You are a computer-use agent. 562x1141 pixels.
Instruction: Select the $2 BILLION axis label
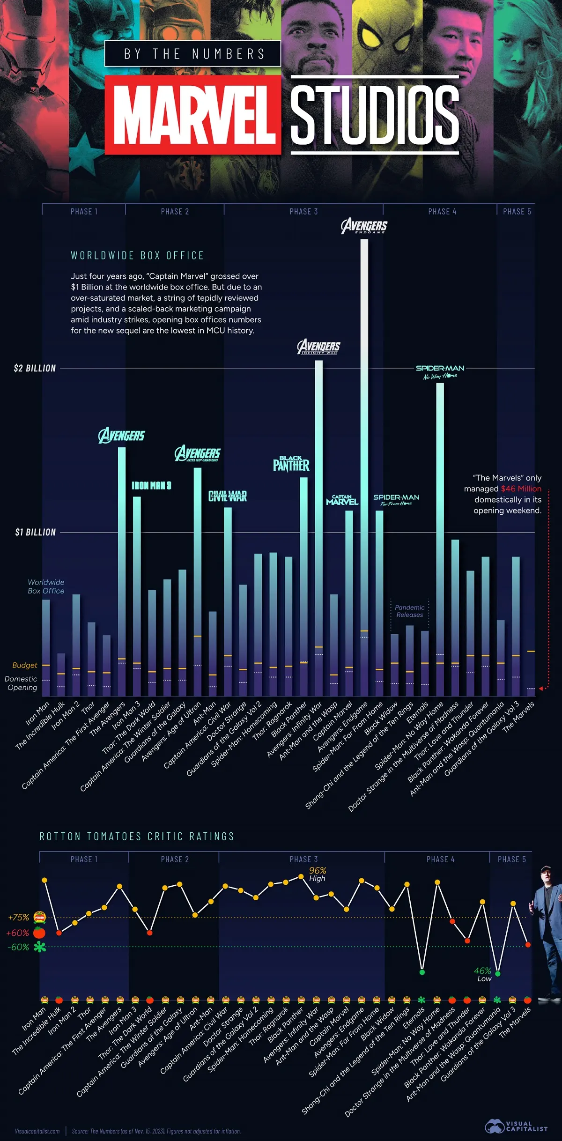[35, 368]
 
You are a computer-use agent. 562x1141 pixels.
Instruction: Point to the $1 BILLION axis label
[35, 532]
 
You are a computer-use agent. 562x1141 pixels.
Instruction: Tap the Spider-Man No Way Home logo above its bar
[440, 372]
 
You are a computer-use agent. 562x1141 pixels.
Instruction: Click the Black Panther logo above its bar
[291, 464]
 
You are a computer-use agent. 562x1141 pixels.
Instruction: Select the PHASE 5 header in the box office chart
[517, 212]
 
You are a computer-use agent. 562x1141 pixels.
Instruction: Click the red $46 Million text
[521, 489]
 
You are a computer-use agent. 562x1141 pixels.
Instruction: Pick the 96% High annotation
[318, 874]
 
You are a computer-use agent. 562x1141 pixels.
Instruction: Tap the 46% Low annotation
[483, 974]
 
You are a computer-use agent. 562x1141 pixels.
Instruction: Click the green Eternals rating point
[422, 972]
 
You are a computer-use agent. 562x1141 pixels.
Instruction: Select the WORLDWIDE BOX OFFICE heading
[137, 255]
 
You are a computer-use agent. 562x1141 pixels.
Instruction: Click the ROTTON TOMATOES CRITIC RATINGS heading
[137, 836]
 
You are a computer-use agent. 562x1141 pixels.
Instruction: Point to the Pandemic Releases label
[409, 611]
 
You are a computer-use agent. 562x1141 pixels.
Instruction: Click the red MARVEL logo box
[193, 115]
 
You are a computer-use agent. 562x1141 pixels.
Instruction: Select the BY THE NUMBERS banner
[193, 54]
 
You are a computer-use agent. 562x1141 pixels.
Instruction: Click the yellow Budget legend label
[24, 665]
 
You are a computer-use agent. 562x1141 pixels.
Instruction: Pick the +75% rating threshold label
[19, 917]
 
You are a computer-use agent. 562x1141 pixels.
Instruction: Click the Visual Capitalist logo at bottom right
[516, 1126]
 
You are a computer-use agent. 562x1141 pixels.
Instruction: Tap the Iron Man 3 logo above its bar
[151, 486]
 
